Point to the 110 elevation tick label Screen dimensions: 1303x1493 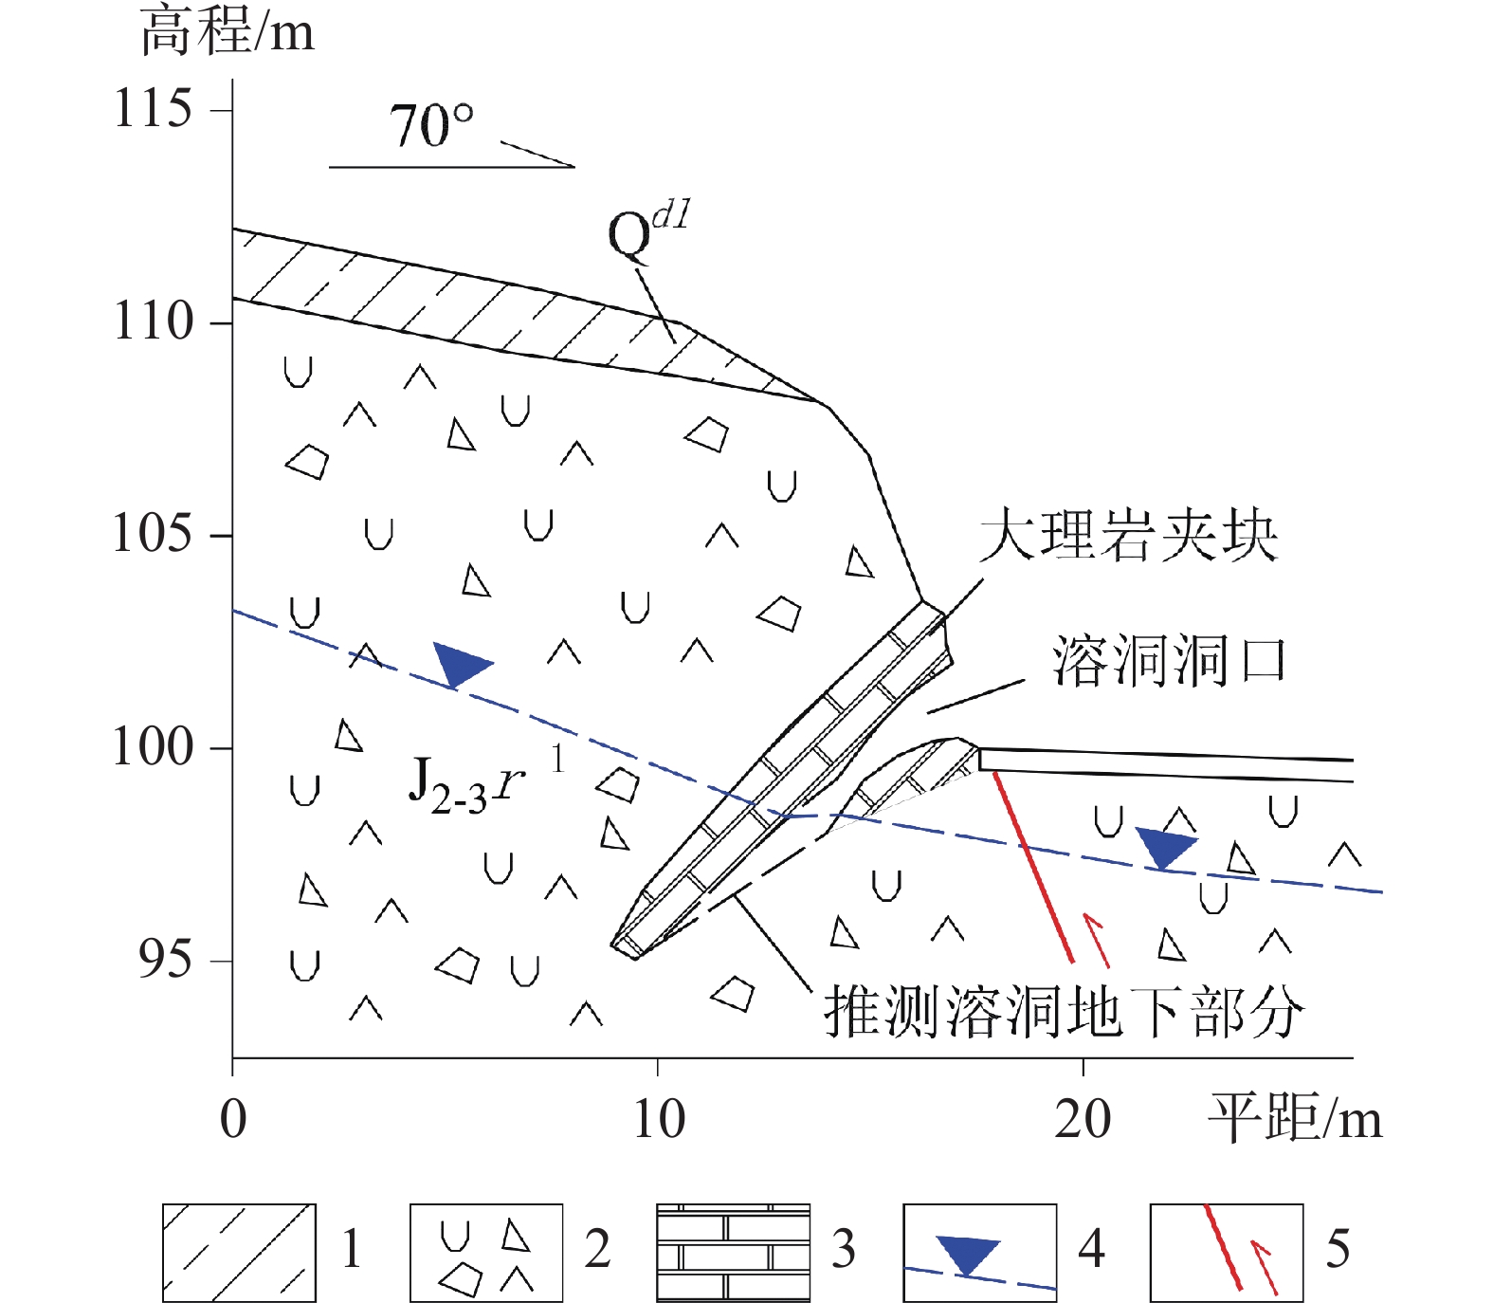pos(154,321)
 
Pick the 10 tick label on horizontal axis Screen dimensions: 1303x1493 pos(659,1120)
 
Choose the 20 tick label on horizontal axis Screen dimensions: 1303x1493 pos(1083,1120)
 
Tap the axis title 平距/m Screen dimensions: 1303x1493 pos(1294,1118)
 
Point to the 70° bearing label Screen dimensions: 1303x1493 pos(431,126)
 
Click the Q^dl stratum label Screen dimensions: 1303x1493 pos(648,230)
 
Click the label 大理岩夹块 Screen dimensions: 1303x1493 pos(1127,535)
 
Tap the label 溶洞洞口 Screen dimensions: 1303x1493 pos(1169,660)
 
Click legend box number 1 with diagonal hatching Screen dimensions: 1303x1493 pos(239,1253)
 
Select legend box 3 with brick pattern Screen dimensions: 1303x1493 pos(733,1253)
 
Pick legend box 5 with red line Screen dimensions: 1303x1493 pos(1226,1253)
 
